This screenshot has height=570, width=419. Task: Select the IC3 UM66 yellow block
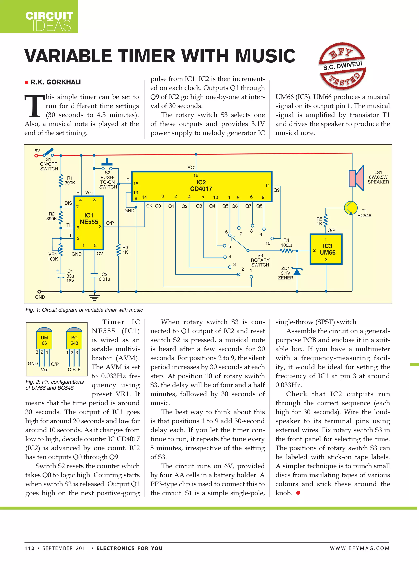click(x=326, y=249)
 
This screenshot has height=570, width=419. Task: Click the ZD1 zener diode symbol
click(x=297, y=272)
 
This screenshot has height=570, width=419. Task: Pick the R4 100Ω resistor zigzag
click(x=286, y=251)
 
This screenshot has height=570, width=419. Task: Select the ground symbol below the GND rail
click(x=94, y=297)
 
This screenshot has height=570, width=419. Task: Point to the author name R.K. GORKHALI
click(x=55, y=82)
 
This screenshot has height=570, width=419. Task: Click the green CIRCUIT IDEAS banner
click(x=39, y=17)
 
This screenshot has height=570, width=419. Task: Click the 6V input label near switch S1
click(x=37, y=151)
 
